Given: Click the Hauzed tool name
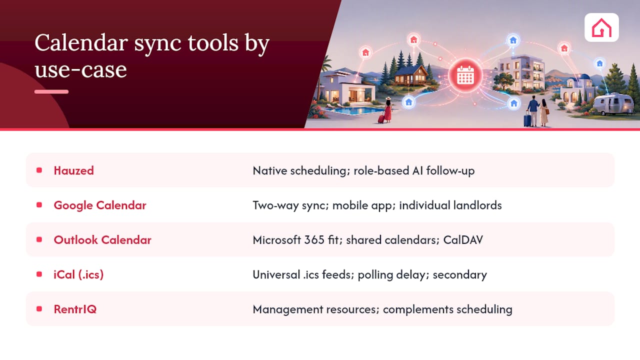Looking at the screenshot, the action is click(x=73, y=170).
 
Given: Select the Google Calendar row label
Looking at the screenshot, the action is click(x=100, y=205).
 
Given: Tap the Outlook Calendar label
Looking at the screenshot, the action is click(x=102, y=240).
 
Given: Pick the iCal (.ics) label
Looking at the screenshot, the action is click(x=78, y=274).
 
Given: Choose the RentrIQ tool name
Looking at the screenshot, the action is click(x=75, y=309).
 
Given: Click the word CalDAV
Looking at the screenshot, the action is click(x=463, y=240).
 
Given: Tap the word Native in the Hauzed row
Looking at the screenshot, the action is click(x=270, y=171).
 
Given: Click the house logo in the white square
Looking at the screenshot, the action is click(x=601, y=27).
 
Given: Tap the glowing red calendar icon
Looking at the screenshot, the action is click(x=465, y=75).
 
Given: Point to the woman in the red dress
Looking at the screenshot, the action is click(x=387, y=109).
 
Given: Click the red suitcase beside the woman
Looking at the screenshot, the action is click(x=381, y=119).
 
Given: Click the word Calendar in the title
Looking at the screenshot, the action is click(x=81, y=43).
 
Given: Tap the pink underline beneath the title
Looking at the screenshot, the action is click(x=51, y=91).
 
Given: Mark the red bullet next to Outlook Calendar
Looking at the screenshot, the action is click(x=39, y=239).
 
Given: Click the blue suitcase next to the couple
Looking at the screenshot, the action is click(x=527, y=119).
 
